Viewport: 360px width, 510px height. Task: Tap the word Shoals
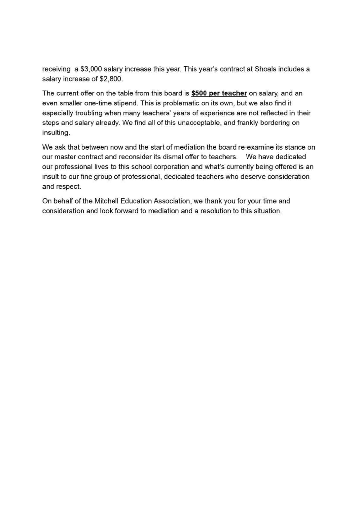pyautogui.click(x=265, y=69)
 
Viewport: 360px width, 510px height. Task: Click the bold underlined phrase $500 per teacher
pyautogui.click(x=219, y=93)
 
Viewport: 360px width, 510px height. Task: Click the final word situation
pyautogui.click(x=268, y=211)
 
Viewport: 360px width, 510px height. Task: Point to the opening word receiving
pyautogui.click(x=56, y=69)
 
